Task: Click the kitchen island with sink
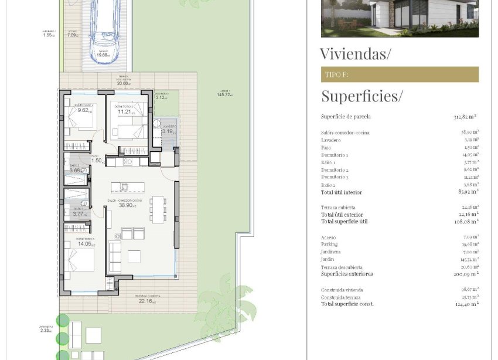tap(128, 187)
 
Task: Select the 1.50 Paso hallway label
tap(97, 160)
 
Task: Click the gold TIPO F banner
tap(400, 74)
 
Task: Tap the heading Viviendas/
tap(355, 54)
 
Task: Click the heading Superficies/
tap(361, 96)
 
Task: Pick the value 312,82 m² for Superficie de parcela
tap(466, 117)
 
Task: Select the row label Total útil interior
tap(342, 192)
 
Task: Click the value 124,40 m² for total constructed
tap(466, 304)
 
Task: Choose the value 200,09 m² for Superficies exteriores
tap(466, 274)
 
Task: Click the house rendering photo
tap(400, 18)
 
